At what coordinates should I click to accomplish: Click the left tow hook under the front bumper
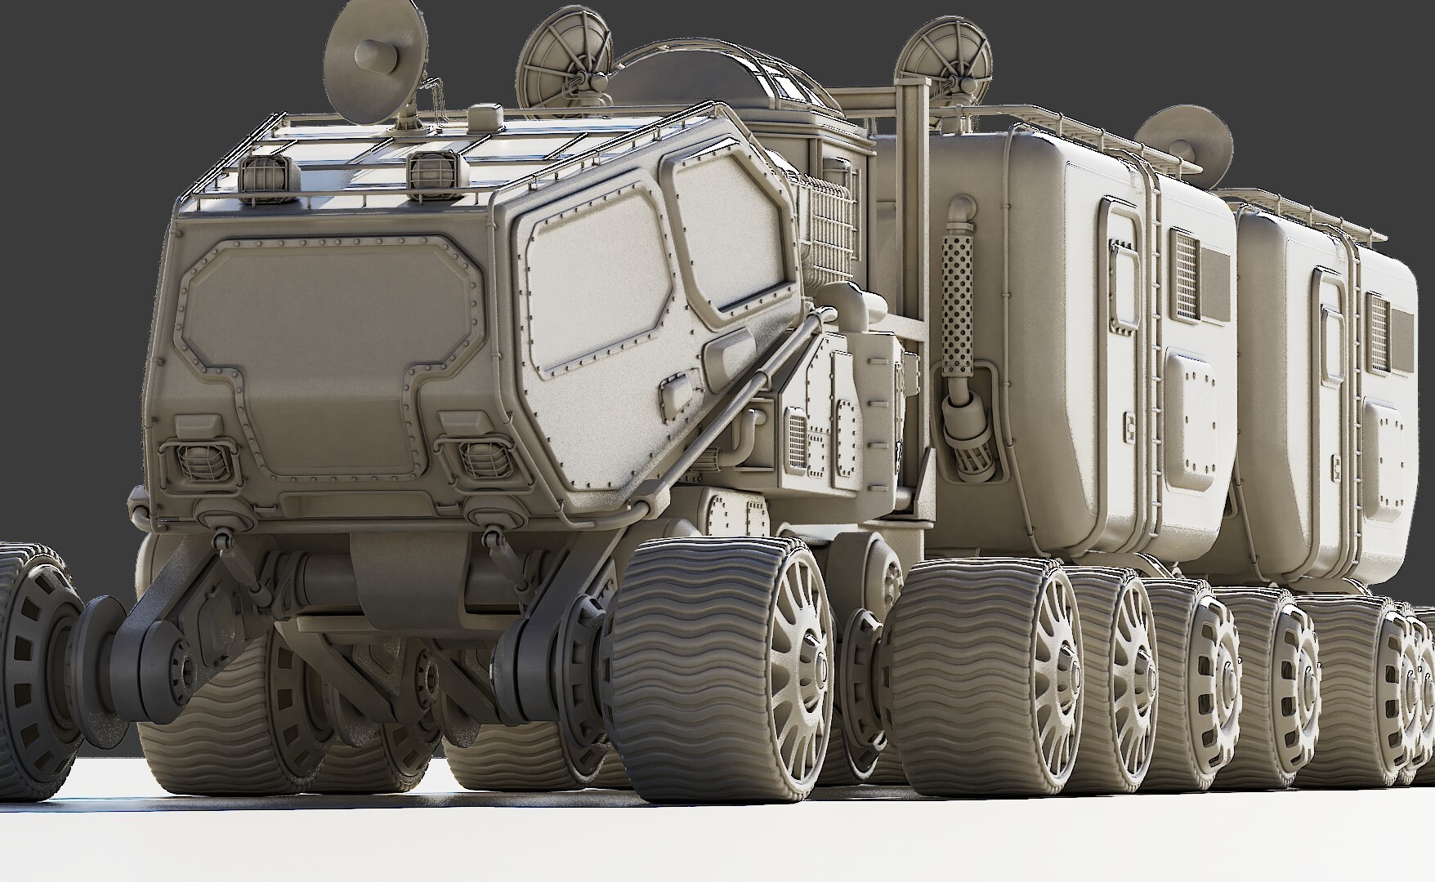coord(221,539)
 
